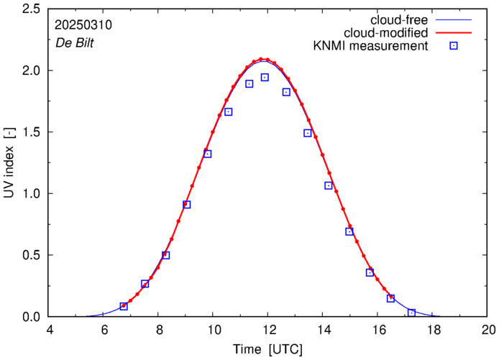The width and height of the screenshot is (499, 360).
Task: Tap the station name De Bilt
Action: (x=74, y=42)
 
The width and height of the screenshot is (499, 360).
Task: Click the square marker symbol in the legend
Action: (x=454, y=47)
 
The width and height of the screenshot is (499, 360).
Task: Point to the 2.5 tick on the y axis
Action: (x=31, y=9)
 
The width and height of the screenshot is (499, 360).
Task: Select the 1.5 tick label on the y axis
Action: (x=31, y=132)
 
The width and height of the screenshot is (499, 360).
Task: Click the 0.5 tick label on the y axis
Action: (x=31, y=255)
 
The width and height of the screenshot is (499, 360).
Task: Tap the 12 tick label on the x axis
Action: (x=269, y=330)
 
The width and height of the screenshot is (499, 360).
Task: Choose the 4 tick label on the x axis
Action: (x=50, y=330)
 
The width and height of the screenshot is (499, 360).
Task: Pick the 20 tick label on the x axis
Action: (x=488, y=330)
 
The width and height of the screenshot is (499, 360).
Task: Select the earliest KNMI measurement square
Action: (x=124, y=306)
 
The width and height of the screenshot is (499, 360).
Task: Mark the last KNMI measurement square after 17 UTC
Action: (x=411, y=313)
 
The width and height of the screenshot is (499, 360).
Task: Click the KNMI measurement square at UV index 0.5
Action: (x=165, y=255)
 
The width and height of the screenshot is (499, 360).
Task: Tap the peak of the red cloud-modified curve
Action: (x=262, y=59)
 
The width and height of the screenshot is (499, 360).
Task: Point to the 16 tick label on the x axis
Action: (x=379, y=330)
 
